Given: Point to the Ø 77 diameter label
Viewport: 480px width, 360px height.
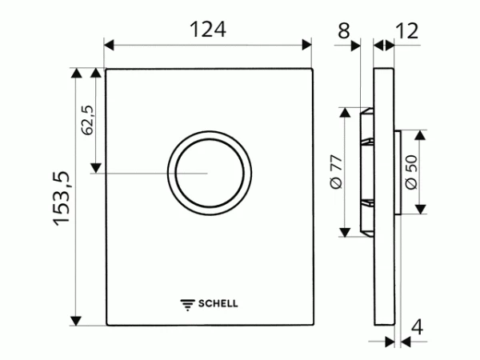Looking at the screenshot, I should click(x=336, y=171).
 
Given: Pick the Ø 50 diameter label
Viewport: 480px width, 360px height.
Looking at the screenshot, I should click(x=410, y=171).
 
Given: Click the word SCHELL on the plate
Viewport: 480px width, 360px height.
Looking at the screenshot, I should click(x=218, y=303).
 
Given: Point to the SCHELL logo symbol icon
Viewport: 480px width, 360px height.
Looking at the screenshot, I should click(x=188, y=303).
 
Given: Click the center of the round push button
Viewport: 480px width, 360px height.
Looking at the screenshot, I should click(x=209, y=172).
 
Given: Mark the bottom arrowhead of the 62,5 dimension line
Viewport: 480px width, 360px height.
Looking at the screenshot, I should click(x=96, y=167).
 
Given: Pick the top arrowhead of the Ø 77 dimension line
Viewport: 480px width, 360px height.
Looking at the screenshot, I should click(x=345, y=111).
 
